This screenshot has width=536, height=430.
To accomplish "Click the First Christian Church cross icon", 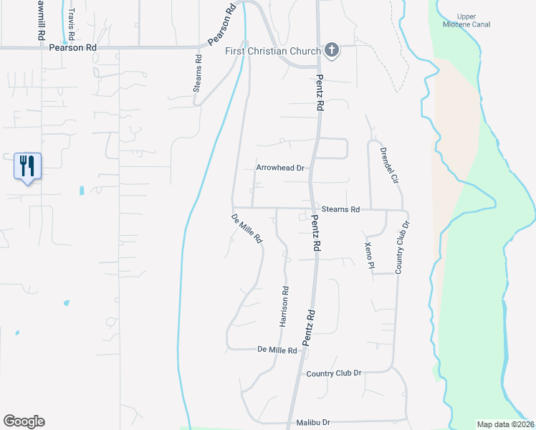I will click(331, 50).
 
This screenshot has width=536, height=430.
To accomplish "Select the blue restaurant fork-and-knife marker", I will click(28, 166).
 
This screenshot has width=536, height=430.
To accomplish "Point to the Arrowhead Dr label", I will click(281, 168).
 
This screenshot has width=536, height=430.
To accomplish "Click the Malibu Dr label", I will click(315, 423).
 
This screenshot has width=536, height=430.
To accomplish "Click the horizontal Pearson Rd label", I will click(72, 48).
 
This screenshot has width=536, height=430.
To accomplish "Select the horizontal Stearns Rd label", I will click(340, 209).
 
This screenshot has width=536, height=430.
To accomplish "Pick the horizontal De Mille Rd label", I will click(277, 350).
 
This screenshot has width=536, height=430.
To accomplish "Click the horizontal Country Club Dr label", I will click(333, 373).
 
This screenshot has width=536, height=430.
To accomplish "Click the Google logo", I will click(24, 421).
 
